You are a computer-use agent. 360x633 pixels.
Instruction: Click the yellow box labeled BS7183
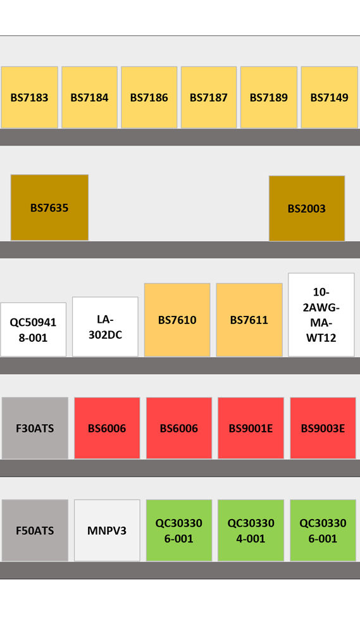pos(30,97)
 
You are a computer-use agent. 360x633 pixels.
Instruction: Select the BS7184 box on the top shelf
pos(89,97)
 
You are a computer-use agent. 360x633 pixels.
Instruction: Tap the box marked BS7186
pos(149,97)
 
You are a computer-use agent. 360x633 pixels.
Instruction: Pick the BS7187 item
pos(209,97)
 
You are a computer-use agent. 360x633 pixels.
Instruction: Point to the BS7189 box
pos(269,97)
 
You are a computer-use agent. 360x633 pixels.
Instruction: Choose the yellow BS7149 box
pos(330,97)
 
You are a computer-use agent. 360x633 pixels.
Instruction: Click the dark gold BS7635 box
pos(49,208)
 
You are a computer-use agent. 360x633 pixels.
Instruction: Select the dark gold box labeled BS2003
pos(307,208)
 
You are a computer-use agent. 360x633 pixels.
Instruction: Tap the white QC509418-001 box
pos(33,329)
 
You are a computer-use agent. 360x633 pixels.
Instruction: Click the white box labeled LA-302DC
pos(105,327)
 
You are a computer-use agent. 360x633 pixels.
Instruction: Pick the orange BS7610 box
pos(177,320)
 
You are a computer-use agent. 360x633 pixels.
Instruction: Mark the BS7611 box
pos(249,320)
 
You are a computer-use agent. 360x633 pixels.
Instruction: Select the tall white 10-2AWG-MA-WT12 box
pos(321,315)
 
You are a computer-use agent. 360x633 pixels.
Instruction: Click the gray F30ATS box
pos(35,428)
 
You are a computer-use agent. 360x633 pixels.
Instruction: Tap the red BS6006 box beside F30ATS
pos(107,428)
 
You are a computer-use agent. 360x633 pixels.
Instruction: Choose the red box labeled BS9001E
pos(251,428)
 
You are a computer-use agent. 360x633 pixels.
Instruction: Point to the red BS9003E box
pos(323,428)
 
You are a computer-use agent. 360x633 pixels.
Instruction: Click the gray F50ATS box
pos(35,530)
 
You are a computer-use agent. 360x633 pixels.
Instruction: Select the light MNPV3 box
pos(107,530)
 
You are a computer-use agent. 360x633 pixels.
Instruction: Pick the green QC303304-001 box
pos(251,530)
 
